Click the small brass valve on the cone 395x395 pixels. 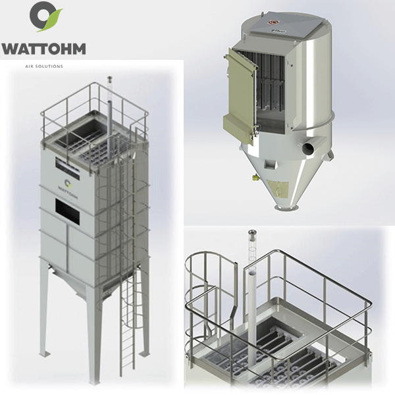(253, 176)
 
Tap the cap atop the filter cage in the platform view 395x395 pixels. (251, 234)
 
